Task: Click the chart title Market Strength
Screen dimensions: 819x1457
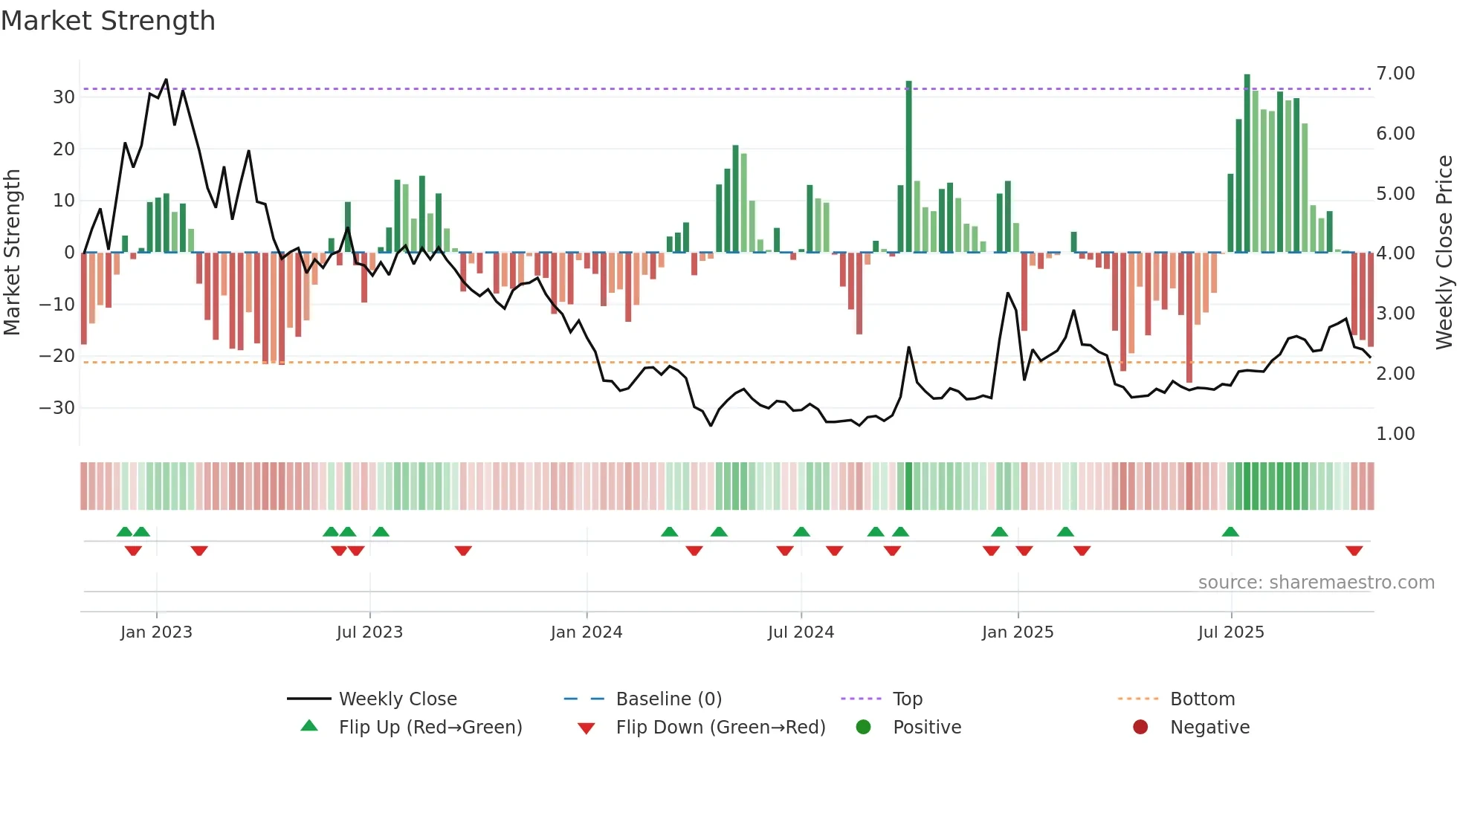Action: point(109,21)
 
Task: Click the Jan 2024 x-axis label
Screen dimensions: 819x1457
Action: point(587,632)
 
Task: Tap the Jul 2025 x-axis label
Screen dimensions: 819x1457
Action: point(1231,632)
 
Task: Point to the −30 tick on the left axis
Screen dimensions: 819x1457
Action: point(57,408)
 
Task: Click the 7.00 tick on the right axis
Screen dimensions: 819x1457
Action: point(1395,74)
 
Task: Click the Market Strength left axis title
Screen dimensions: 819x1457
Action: point(13,253)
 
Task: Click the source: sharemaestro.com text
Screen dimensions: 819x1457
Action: point(1316,583)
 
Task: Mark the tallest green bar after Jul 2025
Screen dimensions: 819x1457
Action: point(1247,164)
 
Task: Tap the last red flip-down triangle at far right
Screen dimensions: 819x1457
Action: point(1354,551)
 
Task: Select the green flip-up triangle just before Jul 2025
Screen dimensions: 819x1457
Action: point(1230,531)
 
